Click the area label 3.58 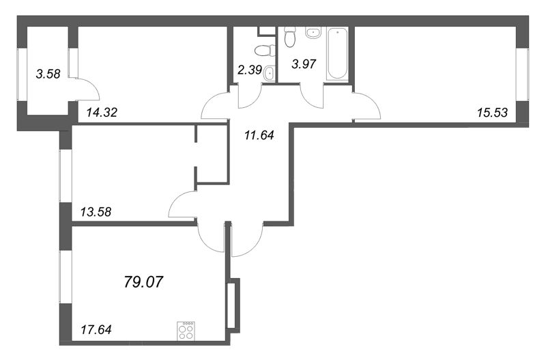coord(48,74)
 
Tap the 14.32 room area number coord(102,112)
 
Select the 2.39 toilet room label coord(249,70)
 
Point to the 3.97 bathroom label coord(304,64)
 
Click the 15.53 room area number coord(492,112)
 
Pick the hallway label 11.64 coord(259,135)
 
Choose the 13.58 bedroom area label coord(96,212)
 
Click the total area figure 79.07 coord(143,281)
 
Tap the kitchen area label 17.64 coord(96,329)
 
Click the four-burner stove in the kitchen coord(186,331)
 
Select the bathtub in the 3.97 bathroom coord(338,55)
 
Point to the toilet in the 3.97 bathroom coord(289,37)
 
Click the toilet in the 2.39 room coord(263,51)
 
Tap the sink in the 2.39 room coord(268,74)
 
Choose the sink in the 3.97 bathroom coord(313,33)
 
